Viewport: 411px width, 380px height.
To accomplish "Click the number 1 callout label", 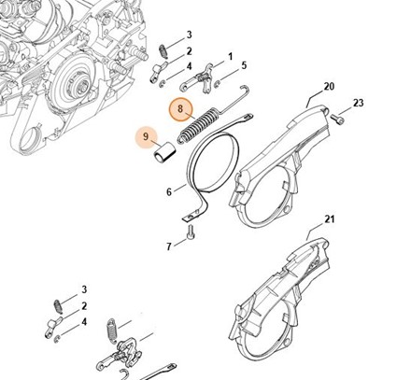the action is (231, 57).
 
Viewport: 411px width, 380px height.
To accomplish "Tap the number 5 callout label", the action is (244, 65).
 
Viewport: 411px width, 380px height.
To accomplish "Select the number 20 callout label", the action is (329, 86).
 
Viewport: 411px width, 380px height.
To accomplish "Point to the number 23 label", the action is (358, 103).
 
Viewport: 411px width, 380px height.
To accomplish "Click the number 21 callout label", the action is (329, 219).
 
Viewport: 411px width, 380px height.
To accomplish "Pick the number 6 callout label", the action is (169, 192).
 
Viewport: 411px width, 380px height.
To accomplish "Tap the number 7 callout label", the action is (169, 246).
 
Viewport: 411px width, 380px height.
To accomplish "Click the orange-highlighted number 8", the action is (180, 108).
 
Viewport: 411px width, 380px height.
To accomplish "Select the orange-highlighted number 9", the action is (146, 136).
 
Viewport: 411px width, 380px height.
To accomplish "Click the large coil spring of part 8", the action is (197, 125).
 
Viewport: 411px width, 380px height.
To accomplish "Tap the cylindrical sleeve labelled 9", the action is (164, 152).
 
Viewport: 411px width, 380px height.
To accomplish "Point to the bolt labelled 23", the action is (338, 119).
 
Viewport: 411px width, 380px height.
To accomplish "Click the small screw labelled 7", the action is (190, 232).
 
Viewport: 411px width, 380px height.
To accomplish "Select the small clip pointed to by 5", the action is (217, 83).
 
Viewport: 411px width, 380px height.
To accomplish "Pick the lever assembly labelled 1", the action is (198, 79).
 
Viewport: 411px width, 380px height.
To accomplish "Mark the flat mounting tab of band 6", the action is (191, 217).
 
